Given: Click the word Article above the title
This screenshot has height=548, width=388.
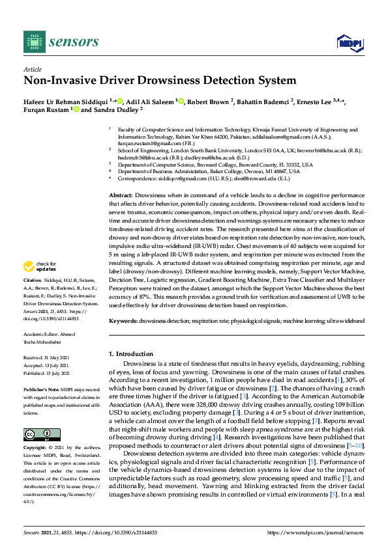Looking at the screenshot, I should coord(32,69).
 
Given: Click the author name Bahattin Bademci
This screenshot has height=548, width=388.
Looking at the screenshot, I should coord(265,102).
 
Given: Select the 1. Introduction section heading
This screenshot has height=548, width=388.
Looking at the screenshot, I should coord(131,353).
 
